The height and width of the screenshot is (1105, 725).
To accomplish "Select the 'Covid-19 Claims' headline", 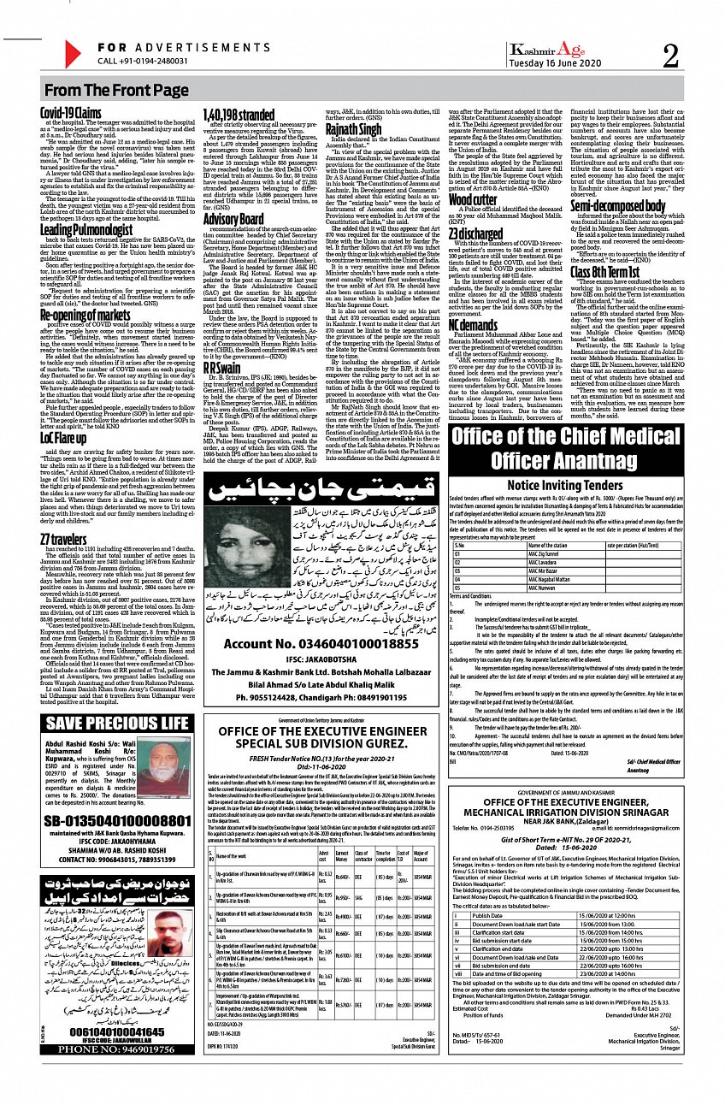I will [x=71, y=113].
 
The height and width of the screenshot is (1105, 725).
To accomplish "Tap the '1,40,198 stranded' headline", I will [x=238, y=114].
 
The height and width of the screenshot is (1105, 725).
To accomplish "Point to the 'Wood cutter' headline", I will [x=473, y=199].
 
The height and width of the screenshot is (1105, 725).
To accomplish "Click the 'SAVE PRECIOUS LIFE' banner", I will [x=117, y=722].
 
